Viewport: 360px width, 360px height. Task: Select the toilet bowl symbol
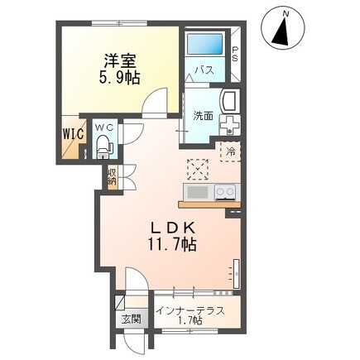pos(103,147)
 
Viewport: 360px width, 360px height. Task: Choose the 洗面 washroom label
pos(204,117)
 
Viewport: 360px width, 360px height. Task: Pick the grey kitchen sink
pos(197,192)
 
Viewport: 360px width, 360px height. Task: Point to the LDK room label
pos(172,226)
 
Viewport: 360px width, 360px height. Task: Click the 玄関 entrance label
pos(132,319)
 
